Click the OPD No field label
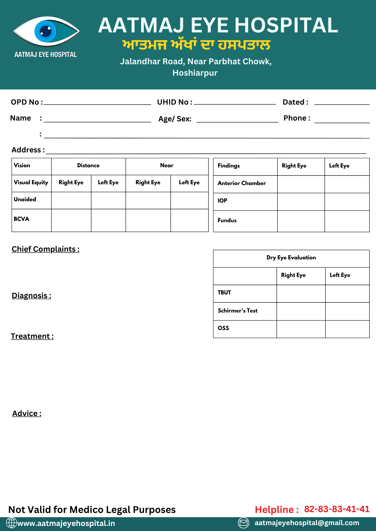point(27,102)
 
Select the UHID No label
point(174,102)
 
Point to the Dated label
point(295,102)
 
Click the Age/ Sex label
point(175,119)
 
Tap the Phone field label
point(296,118)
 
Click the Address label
point(28,150)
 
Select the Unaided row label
point(25,199)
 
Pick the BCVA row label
point(22,219)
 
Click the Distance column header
point(88,165)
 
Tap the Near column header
point(167,165)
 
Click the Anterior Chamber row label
point(242,183)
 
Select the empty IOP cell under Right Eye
point(301,202)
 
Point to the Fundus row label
point(227,220)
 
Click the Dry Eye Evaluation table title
point(291,258)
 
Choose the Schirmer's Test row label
point(237,311)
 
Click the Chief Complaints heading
point(45,249)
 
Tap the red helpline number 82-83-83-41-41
point(337,509)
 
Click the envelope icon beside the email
point(243,523)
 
